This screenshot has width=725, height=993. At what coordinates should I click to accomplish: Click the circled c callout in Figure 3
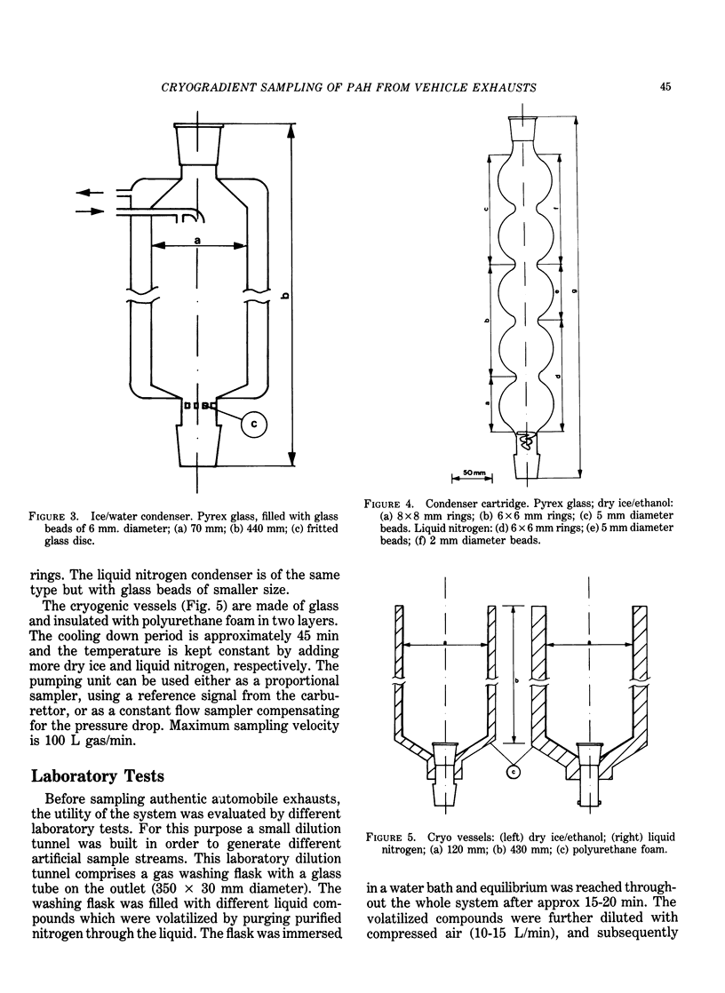(x=253, y=425)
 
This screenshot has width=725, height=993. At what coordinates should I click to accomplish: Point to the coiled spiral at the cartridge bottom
(x=527, y=441)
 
